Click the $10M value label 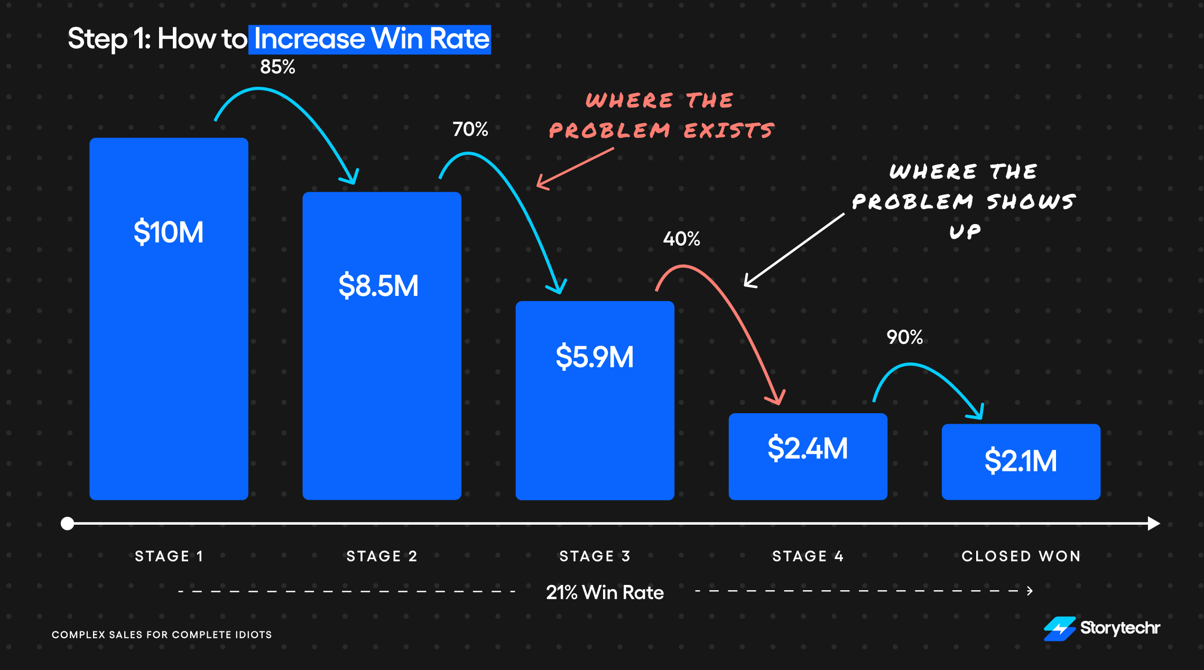(169, 232)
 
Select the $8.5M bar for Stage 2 (382, 346)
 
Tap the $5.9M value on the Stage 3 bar (595, 357)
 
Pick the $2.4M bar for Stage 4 (808, 457)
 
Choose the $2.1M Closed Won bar (1021, 462)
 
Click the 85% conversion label (277, 67)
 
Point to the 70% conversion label (470, 129)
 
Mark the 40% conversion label (682, 239)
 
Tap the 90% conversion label (905, 337)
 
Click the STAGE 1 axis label (169, 556)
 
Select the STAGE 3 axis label (595, 556)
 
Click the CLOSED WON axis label (1021, 556)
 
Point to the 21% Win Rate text (605, 592)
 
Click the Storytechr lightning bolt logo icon (1060, 629)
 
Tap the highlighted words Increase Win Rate (372, 39)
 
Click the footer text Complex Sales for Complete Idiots (162, 635)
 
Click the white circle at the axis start (67, 524)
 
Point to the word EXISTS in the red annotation (729, 131)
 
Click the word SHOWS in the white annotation (1031, 201)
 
